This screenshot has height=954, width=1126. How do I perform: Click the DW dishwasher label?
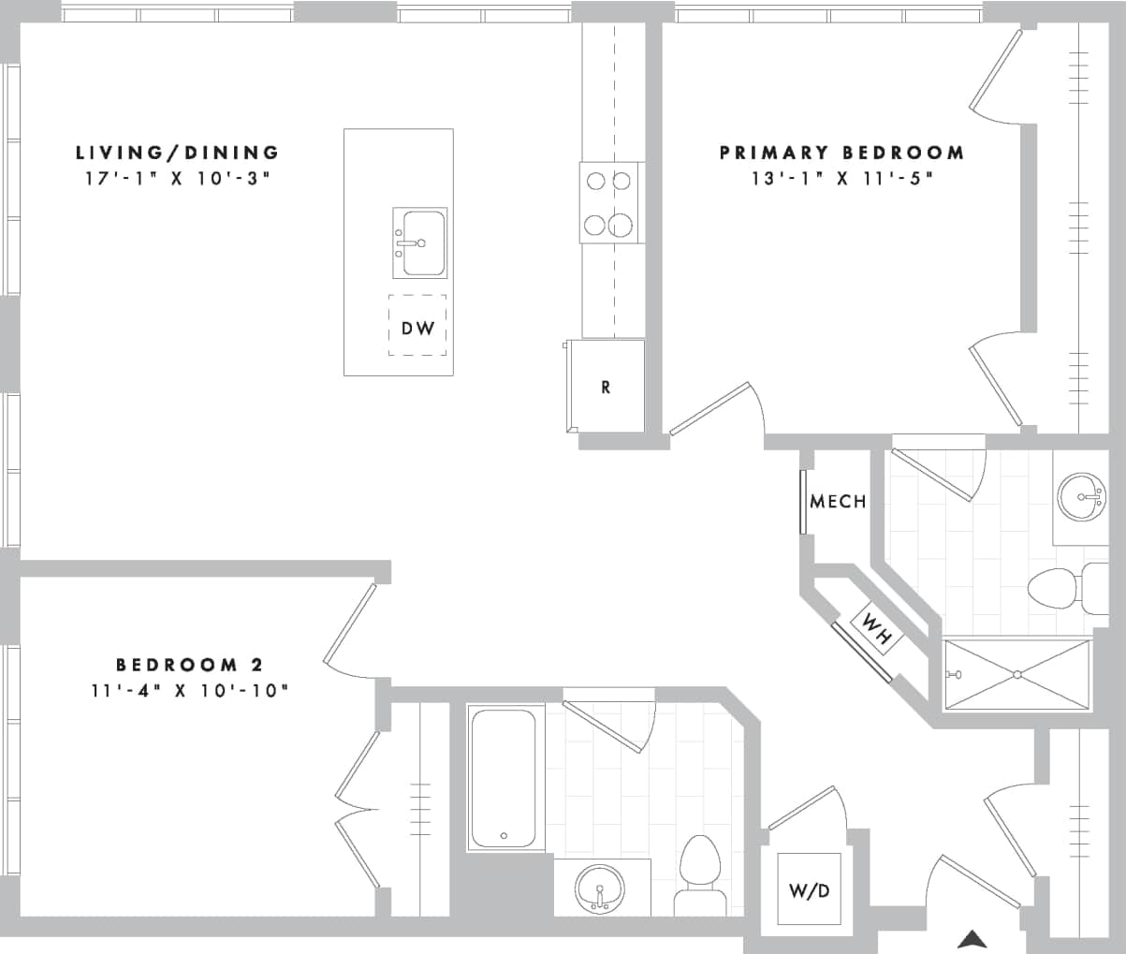[x=417, y=328]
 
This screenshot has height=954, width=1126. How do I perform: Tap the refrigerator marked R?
[x=606, y=387]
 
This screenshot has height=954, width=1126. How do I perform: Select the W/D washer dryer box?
[x=809, y=890]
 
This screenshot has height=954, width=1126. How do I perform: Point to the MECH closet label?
[x=838, y=502]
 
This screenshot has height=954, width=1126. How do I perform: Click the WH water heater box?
[x=875, y=629]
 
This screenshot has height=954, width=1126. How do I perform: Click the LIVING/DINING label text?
[x=177, y=152]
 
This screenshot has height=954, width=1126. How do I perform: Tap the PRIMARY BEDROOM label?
[x=841, y=152]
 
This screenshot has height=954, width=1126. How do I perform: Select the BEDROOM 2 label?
[x=189, y=665]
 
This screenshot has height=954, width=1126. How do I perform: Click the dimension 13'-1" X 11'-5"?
[x=842, y=177]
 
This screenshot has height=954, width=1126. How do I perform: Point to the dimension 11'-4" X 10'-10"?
[x=189, y=691]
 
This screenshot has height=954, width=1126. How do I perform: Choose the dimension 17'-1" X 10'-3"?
[x=177, y=177]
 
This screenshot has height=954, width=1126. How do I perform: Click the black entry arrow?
[x=972, y=938]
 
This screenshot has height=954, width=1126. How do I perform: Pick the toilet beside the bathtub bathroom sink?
[x=700, y=875]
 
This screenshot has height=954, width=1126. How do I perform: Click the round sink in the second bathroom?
[x=600, y=887]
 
